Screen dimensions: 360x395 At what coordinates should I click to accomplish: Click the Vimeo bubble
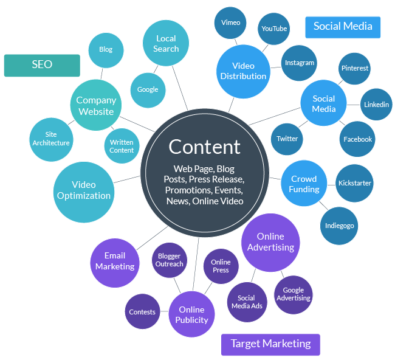pos(231,23)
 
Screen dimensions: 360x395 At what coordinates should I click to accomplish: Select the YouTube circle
pos(274,29)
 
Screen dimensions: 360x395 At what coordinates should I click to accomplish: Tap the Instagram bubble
pos(299,63)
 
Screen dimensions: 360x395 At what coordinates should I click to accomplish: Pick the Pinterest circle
pos(355,68)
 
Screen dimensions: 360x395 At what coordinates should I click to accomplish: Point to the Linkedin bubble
pos(376,105)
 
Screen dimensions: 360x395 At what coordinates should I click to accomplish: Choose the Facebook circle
pos(357,139)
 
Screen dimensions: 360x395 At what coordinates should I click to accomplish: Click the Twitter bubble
pos(287,139)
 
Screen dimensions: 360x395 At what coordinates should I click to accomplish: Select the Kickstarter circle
pos(355,183)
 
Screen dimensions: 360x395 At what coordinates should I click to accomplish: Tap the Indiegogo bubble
pos(339,226)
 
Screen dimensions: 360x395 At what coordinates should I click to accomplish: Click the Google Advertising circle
pos(294,294)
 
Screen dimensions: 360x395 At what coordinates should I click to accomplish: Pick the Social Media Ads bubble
pos(246,302)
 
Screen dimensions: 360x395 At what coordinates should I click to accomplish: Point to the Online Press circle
pos(221,266)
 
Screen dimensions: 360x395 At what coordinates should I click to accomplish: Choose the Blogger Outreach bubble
pos(170,260)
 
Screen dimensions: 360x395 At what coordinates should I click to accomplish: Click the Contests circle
pos(142,312)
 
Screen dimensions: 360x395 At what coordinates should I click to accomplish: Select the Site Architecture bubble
pos(51,139)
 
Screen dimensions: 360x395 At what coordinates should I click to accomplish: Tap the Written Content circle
pos(122,147)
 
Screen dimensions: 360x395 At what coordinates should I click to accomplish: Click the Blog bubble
pos(106,50)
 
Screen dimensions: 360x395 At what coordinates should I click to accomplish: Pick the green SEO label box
pos(42,65)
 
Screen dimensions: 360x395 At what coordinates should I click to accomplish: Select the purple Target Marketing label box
pos(270,344)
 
